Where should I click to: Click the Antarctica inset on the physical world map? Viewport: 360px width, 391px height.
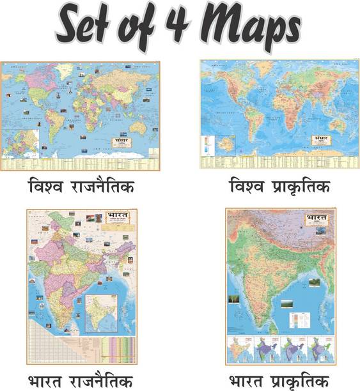pos(224,147)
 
